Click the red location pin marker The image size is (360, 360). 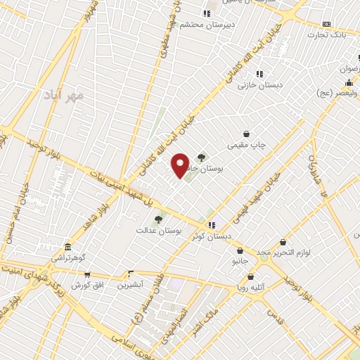point(181,165)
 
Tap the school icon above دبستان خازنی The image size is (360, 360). point(259,74)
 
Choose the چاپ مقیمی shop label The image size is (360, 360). point(247,145)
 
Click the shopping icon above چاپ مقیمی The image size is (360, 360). point(247,134)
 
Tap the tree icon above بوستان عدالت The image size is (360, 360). point(158,219)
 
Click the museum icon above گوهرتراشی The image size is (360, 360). point(67,247)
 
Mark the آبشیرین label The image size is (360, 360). point(130,285)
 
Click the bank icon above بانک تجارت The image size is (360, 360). point(326,24)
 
